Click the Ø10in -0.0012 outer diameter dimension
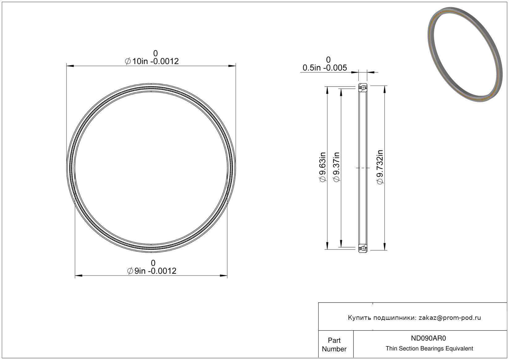click(152, 61)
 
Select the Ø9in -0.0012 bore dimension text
click(152, 271)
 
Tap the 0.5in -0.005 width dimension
click(325, 68)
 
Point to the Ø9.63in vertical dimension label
click(323, 167)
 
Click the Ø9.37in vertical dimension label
click(336, 167)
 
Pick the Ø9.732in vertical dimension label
click(380, 167)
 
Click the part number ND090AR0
click(428, 338)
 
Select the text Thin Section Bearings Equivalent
click(429, 349)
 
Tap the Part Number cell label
click(334, 345)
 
